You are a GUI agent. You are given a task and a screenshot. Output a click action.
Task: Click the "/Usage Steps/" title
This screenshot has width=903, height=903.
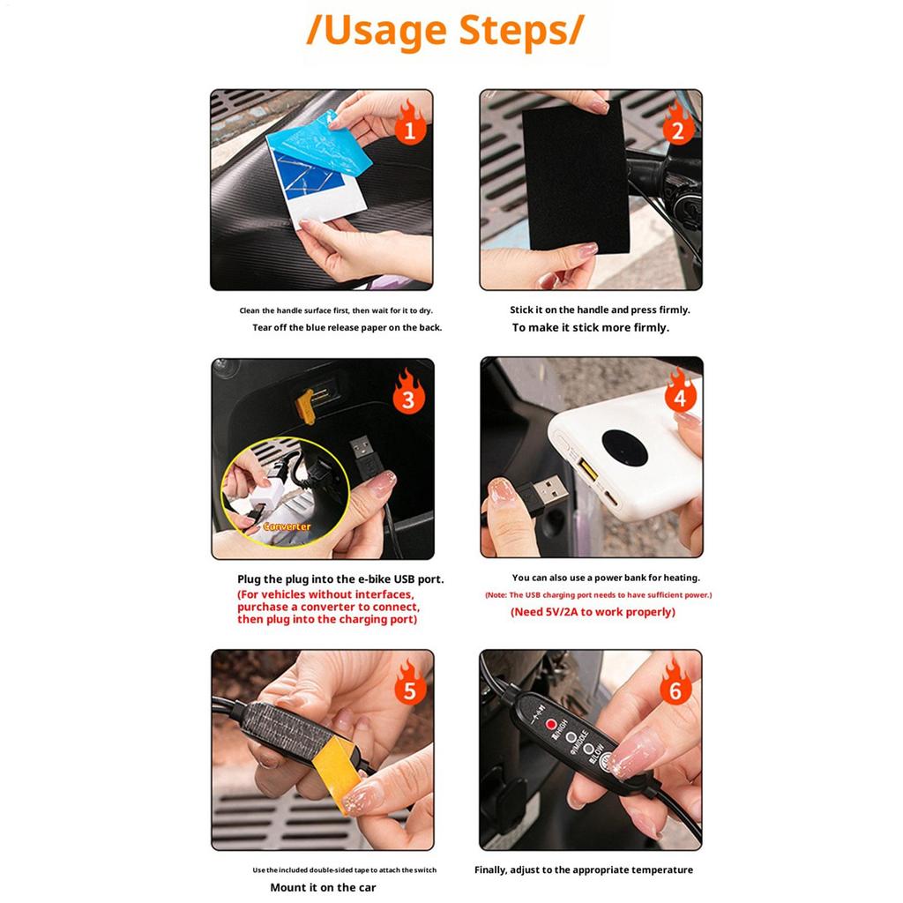(x=444, y=31)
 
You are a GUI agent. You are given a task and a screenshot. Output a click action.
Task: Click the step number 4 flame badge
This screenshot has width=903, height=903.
(x=679, y=397)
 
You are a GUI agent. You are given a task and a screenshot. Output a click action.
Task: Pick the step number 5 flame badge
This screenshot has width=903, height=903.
(x=408, y=690)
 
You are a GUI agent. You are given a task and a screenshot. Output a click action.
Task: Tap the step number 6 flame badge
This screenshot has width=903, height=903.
(x=676, y=690)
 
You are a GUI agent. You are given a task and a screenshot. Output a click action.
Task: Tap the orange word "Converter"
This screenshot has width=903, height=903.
(x=287, y=526)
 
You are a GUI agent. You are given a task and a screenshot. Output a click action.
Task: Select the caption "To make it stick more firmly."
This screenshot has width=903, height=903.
(x=590, y=327)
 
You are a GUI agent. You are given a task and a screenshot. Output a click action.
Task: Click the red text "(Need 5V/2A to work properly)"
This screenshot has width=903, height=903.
(x=593, y=612)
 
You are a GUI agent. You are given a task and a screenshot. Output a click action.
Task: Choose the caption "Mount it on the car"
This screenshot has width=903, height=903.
(x=323, y=887)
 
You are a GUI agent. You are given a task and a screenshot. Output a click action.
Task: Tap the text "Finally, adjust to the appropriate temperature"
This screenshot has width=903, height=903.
(x=584, y=869)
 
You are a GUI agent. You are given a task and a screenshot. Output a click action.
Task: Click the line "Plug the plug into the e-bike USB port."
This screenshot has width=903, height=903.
(x=340, y=579)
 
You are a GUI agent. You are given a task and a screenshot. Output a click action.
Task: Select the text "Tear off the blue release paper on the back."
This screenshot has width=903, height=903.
(x=347, y=327)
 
